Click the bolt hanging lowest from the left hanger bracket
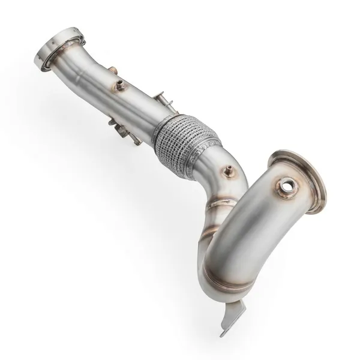tap(138, 142)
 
